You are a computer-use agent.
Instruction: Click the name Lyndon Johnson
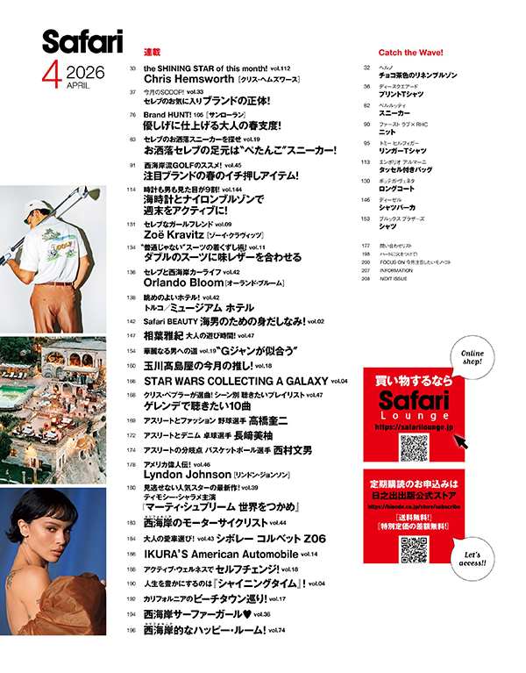(x=185, y=473)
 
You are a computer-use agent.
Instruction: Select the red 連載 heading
(x=152, y=53)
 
